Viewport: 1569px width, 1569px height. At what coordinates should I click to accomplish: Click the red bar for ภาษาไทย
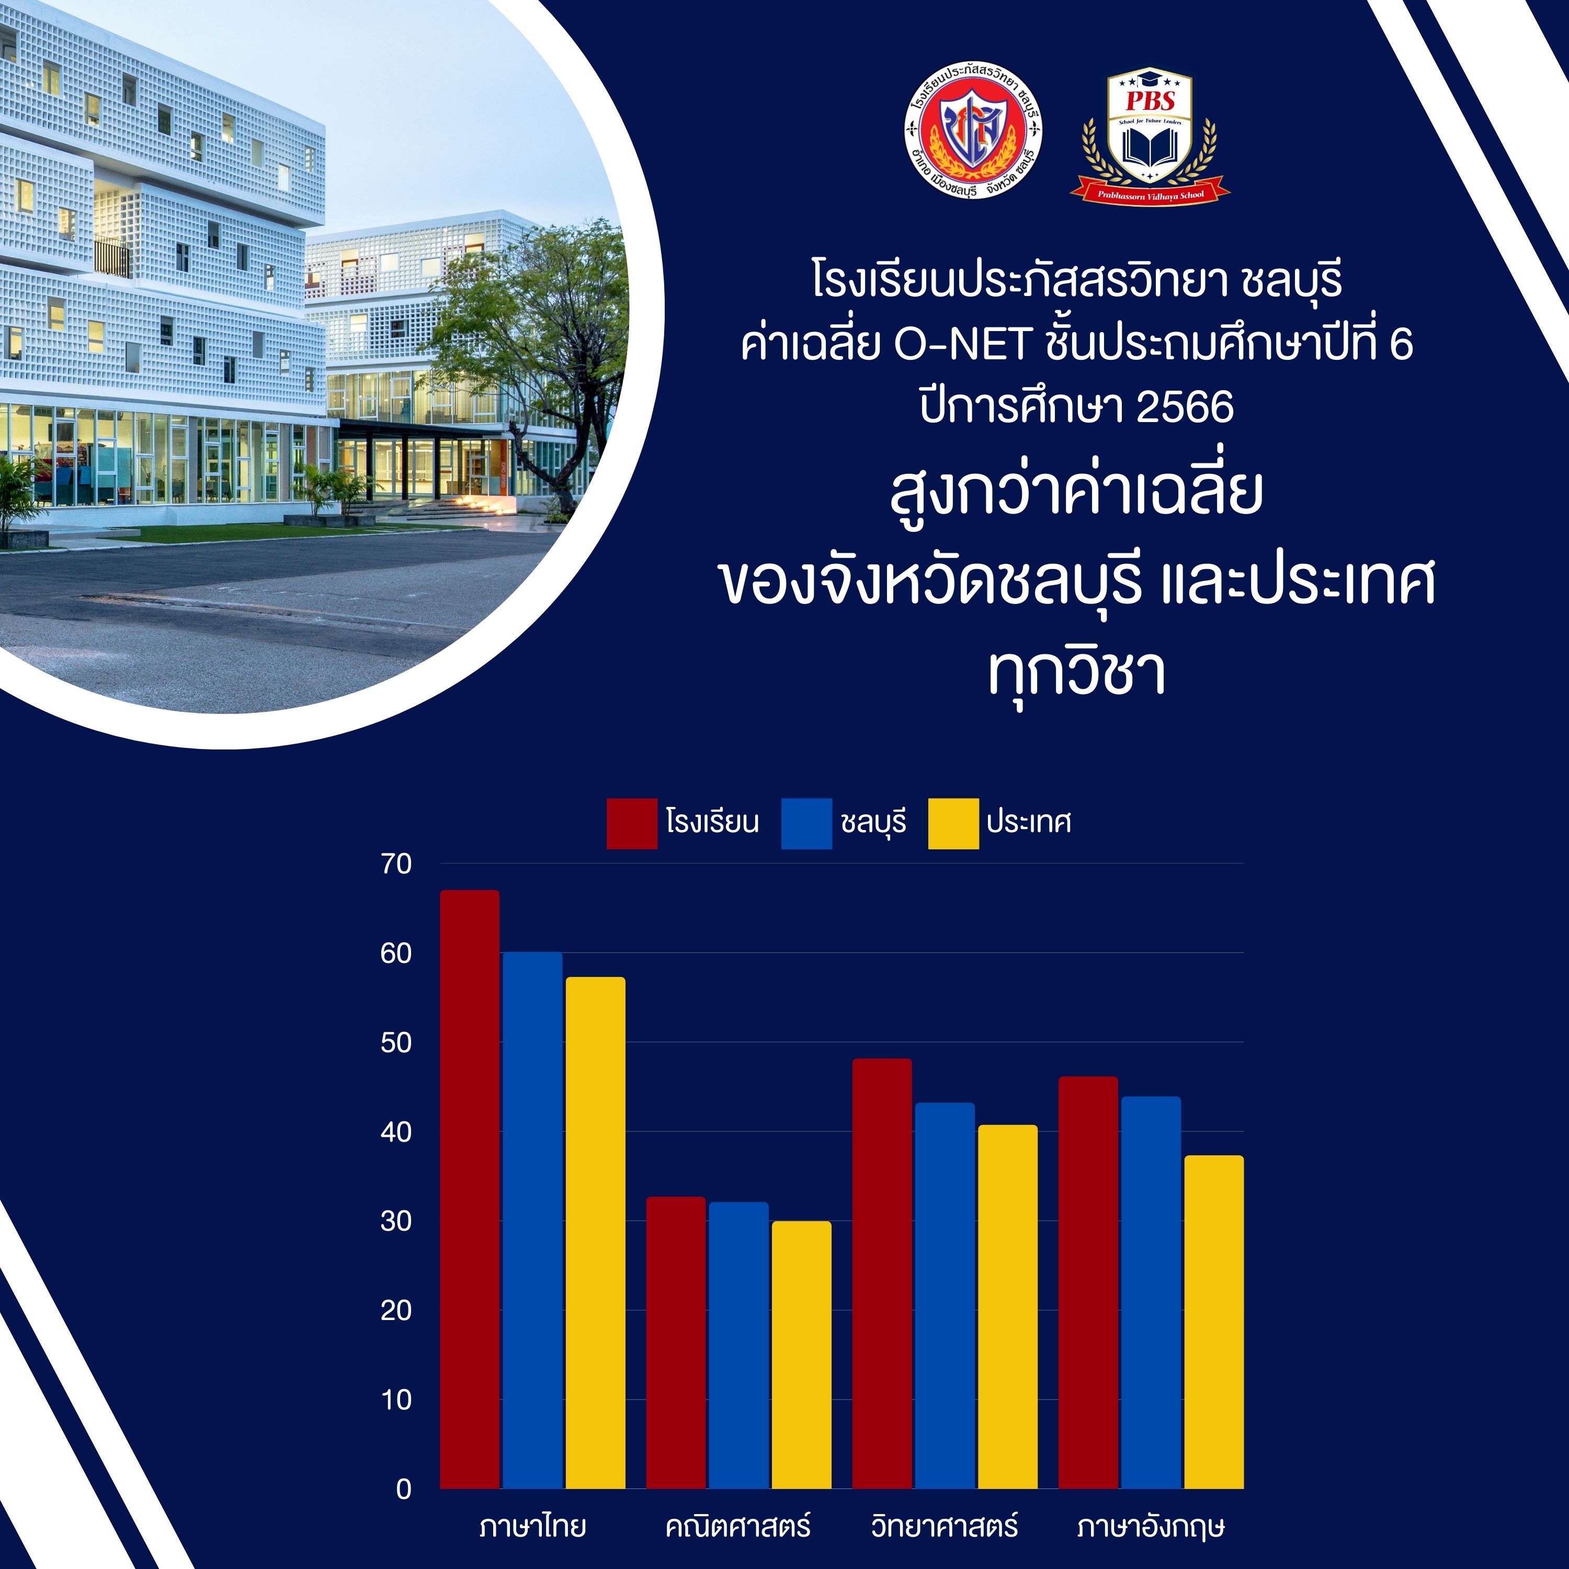(470, 1190)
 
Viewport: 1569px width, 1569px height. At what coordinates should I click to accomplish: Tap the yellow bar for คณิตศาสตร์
(802, 1355)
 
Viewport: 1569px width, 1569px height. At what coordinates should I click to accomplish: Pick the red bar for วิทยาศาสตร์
(882, 1274)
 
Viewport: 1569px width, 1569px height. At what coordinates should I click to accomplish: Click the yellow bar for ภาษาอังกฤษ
(1214, 1322)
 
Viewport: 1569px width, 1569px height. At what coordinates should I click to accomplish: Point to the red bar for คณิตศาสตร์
(676, 1343)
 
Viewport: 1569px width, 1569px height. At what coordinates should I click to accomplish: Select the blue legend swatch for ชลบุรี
(806, 824)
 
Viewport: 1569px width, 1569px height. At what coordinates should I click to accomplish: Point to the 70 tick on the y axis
(396, 864)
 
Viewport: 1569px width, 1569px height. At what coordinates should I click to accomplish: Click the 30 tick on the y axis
(396, 1221)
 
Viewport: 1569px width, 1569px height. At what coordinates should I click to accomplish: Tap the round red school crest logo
(973, 130)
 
